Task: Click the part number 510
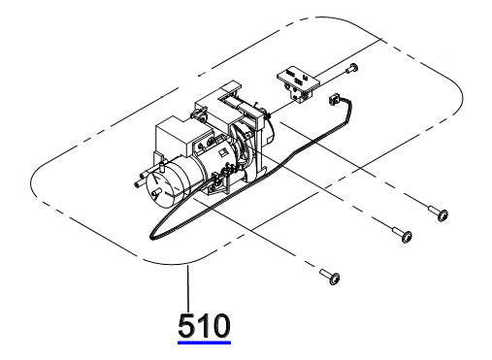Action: click(x=204, y=325)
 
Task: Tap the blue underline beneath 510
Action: click(x=204, y=343)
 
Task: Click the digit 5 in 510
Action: click(x=186, y=325)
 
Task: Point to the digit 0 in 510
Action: click(x=221, y=325)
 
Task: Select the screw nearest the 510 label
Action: click(x=330, y=277)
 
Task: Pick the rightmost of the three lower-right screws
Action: click(x=439, y=213)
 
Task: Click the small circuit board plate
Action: click(x=298, y=84)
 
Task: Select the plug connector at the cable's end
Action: click(x=333, y=99)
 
